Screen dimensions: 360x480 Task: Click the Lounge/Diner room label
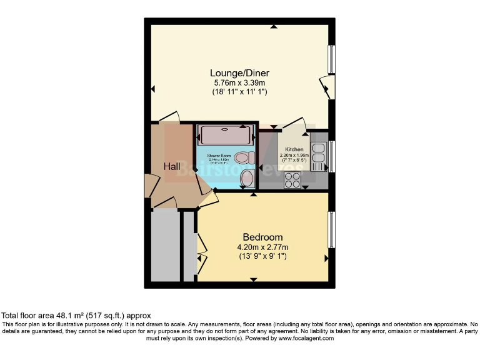click(240, 73)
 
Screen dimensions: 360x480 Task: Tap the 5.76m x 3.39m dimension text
click(240, 82)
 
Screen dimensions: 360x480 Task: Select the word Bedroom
click(262, 237)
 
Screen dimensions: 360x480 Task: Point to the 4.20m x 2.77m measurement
click(262, 247)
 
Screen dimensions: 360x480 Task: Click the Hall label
click(172, 166)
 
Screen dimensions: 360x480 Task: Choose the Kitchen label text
click(294, 149)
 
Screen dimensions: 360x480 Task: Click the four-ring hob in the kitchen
click(292, 179)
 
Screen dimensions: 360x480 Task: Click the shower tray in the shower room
click(226, 134)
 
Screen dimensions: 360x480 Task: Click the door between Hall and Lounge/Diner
click(169, 117)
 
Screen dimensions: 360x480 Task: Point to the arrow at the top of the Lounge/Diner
click(274, 26)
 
